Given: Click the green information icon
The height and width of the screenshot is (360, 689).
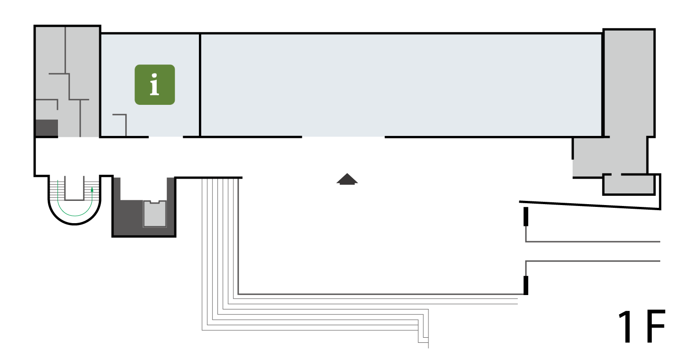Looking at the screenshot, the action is click(x=155, y=84).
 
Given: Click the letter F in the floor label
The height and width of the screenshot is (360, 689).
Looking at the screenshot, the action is click(x=656, y=327).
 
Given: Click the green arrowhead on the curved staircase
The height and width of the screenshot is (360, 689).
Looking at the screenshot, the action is click(x=92, y=190).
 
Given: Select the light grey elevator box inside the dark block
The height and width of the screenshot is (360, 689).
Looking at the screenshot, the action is click(x=155, y=214).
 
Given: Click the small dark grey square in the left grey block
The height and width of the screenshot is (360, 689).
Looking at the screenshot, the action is click(x=47, y=128).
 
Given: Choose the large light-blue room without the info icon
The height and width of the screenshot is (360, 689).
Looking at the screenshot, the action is click(x=401, y=85).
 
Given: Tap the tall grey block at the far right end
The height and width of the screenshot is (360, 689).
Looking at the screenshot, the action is click(x=629, y=83).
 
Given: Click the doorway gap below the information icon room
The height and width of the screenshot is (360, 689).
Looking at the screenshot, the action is click(x=166, y=137).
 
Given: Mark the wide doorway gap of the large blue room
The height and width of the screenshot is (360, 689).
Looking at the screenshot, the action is click(x=343, y=137).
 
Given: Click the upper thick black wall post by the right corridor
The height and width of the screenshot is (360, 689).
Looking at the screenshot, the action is click(x=526, y=217).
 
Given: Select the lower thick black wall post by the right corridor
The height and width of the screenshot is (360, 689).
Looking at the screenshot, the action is click(x=526, y=285).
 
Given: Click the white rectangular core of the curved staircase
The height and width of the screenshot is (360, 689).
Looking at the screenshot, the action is click(x=75, y=188).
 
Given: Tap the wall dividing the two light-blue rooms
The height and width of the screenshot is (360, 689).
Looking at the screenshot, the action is click(x=200, y=85).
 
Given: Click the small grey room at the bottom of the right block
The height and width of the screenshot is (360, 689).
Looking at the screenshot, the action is click(x=628, y=185).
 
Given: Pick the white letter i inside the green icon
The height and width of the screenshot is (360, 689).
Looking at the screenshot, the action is click(x=154, y=84).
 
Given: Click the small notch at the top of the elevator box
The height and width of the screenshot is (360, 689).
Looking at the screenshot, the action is click(x=154, y=202).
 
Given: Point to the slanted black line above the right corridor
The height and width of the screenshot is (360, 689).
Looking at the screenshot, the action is click(x=590, y=206).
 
